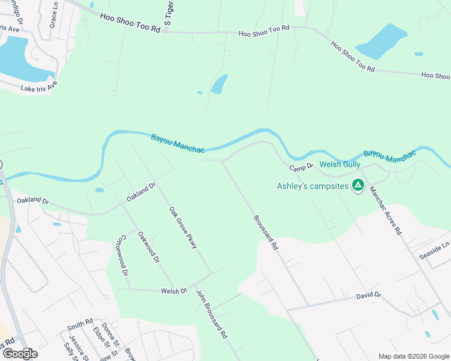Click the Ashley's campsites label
click(312, 186)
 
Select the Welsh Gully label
click(339, 164)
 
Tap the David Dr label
click(368, 295)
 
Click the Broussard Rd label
click(266, 233)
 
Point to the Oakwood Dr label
click(148, 248)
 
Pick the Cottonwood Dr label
click(125, 255)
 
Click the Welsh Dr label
click(174, 291)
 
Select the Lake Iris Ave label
click(39, 88)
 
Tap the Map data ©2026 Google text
click(413, 356)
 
